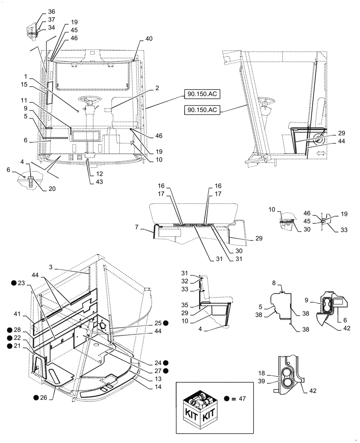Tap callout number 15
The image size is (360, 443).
tap(24, 84)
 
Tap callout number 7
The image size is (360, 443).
tap(137, 227)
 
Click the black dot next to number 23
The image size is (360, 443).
tap(14, 283)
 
